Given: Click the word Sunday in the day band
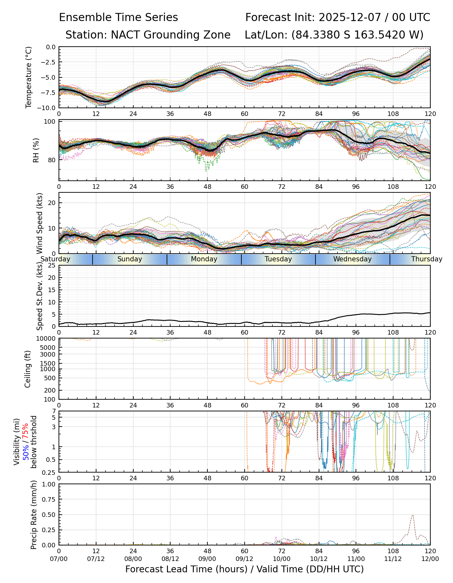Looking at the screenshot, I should (130, 259).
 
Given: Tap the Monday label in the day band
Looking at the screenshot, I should (204, 259).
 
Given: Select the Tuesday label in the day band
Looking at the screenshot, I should (278, 259).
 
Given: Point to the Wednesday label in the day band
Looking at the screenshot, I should (352, 259).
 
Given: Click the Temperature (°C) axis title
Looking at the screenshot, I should (29, 77).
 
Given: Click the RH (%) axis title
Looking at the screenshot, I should (36, 150).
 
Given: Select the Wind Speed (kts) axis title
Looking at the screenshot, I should (39, 223).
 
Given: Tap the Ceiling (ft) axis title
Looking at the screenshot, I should (28, 369).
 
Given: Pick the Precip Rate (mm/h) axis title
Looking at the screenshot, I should (34, 515).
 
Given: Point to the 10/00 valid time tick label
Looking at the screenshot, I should (282, 559).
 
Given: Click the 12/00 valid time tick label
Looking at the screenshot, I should (430, 559).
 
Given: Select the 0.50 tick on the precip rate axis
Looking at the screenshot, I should (49, 515).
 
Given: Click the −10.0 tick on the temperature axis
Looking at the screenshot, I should (47, 108).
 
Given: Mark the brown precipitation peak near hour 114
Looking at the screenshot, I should (413, 515).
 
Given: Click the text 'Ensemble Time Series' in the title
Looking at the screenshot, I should (118, 17).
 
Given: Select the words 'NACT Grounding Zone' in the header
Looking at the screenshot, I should (171, 35).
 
